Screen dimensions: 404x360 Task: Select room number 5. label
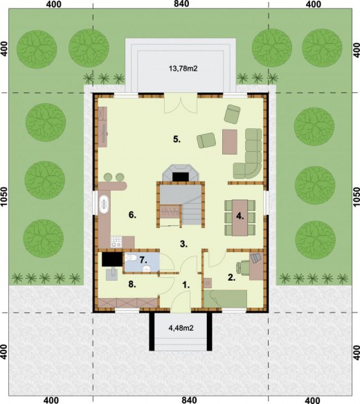[x=177, y=139]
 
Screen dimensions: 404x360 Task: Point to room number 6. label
[x=132, y=215]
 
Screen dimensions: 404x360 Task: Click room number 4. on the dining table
[x=240, y=216]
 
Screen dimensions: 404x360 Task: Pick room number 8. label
[x=132, y=283]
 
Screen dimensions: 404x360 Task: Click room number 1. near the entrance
[x=186, y=283]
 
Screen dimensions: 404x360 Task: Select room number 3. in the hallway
[x=183, y=243]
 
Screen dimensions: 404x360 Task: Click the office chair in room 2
[x=255, y=259]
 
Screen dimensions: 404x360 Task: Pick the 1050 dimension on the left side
[x=6, y=201]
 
